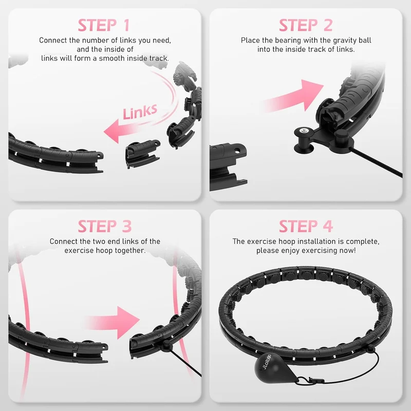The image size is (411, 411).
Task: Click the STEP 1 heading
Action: click(x=104, y=25)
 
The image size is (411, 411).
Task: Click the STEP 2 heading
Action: click(x=306, y=25)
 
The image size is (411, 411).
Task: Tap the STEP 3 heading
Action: click(x=105, y=226)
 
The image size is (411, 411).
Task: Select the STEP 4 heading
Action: click(x=306, y=226)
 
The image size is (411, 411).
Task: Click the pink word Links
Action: click(x=140, y=111)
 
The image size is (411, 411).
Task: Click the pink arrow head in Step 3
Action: click(x=128, y=323)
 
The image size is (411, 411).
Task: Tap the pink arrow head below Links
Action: click(x=112, y=131)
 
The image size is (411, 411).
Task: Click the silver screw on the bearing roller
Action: click(x=304, y=129)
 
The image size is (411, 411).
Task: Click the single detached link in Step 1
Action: click(x=142, y=153)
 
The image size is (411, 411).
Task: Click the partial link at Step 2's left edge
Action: click(x=227, y=166)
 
